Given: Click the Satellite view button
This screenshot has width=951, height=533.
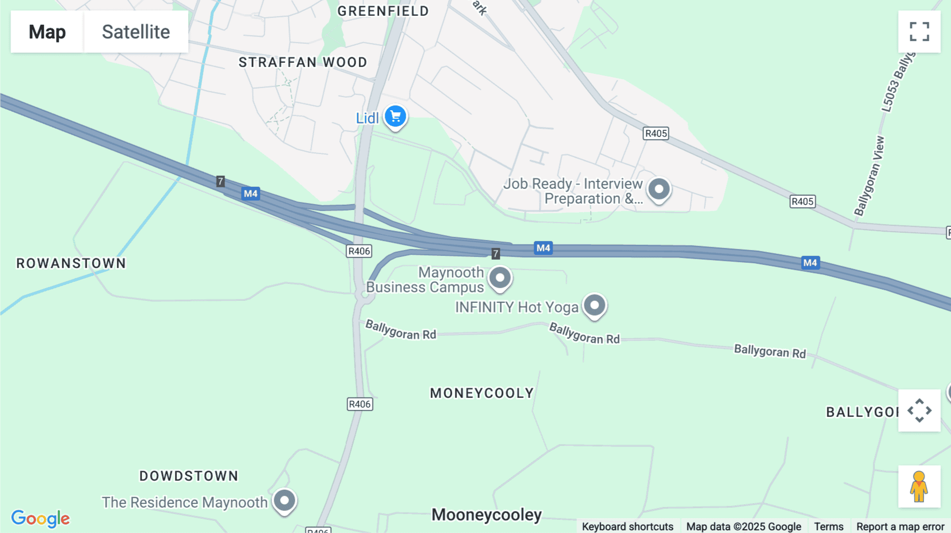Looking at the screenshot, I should pos(136,32).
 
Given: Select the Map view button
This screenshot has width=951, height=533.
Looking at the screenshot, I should pos(47,32).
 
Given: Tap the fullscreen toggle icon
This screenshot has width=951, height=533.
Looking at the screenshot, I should pos(919,32).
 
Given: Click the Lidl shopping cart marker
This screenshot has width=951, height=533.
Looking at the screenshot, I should pos(395,117).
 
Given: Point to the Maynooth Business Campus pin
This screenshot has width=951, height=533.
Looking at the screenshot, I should pos(500,278).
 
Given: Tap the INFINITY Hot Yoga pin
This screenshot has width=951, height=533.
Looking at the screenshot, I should pos(594,306).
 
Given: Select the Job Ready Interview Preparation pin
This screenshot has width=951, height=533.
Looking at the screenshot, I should pos(659,189).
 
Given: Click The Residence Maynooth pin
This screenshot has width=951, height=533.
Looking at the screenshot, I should pos(284,500).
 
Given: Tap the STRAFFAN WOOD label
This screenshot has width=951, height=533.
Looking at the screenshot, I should pos(303,62).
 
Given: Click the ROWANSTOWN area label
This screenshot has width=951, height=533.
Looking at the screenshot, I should pos(71,263).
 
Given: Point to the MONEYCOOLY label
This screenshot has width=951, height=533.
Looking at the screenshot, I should pos(482,393).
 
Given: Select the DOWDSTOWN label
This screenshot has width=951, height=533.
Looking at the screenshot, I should pos(189,476).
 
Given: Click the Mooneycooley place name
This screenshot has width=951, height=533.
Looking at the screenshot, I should pos(487,515).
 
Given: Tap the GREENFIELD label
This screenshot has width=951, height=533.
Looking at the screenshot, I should pos(383,11).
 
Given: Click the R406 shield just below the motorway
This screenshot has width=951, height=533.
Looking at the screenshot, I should pos(359,251).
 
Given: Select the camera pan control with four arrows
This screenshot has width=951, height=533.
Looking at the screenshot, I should pos(919,411).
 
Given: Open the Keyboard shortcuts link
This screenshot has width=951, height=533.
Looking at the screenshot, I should pos(628,527).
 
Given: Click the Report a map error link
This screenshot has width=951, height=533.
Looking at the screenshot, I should pos(900,527).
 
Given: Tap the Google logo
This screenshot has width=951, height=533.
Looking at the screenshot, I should pos(41,518).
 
